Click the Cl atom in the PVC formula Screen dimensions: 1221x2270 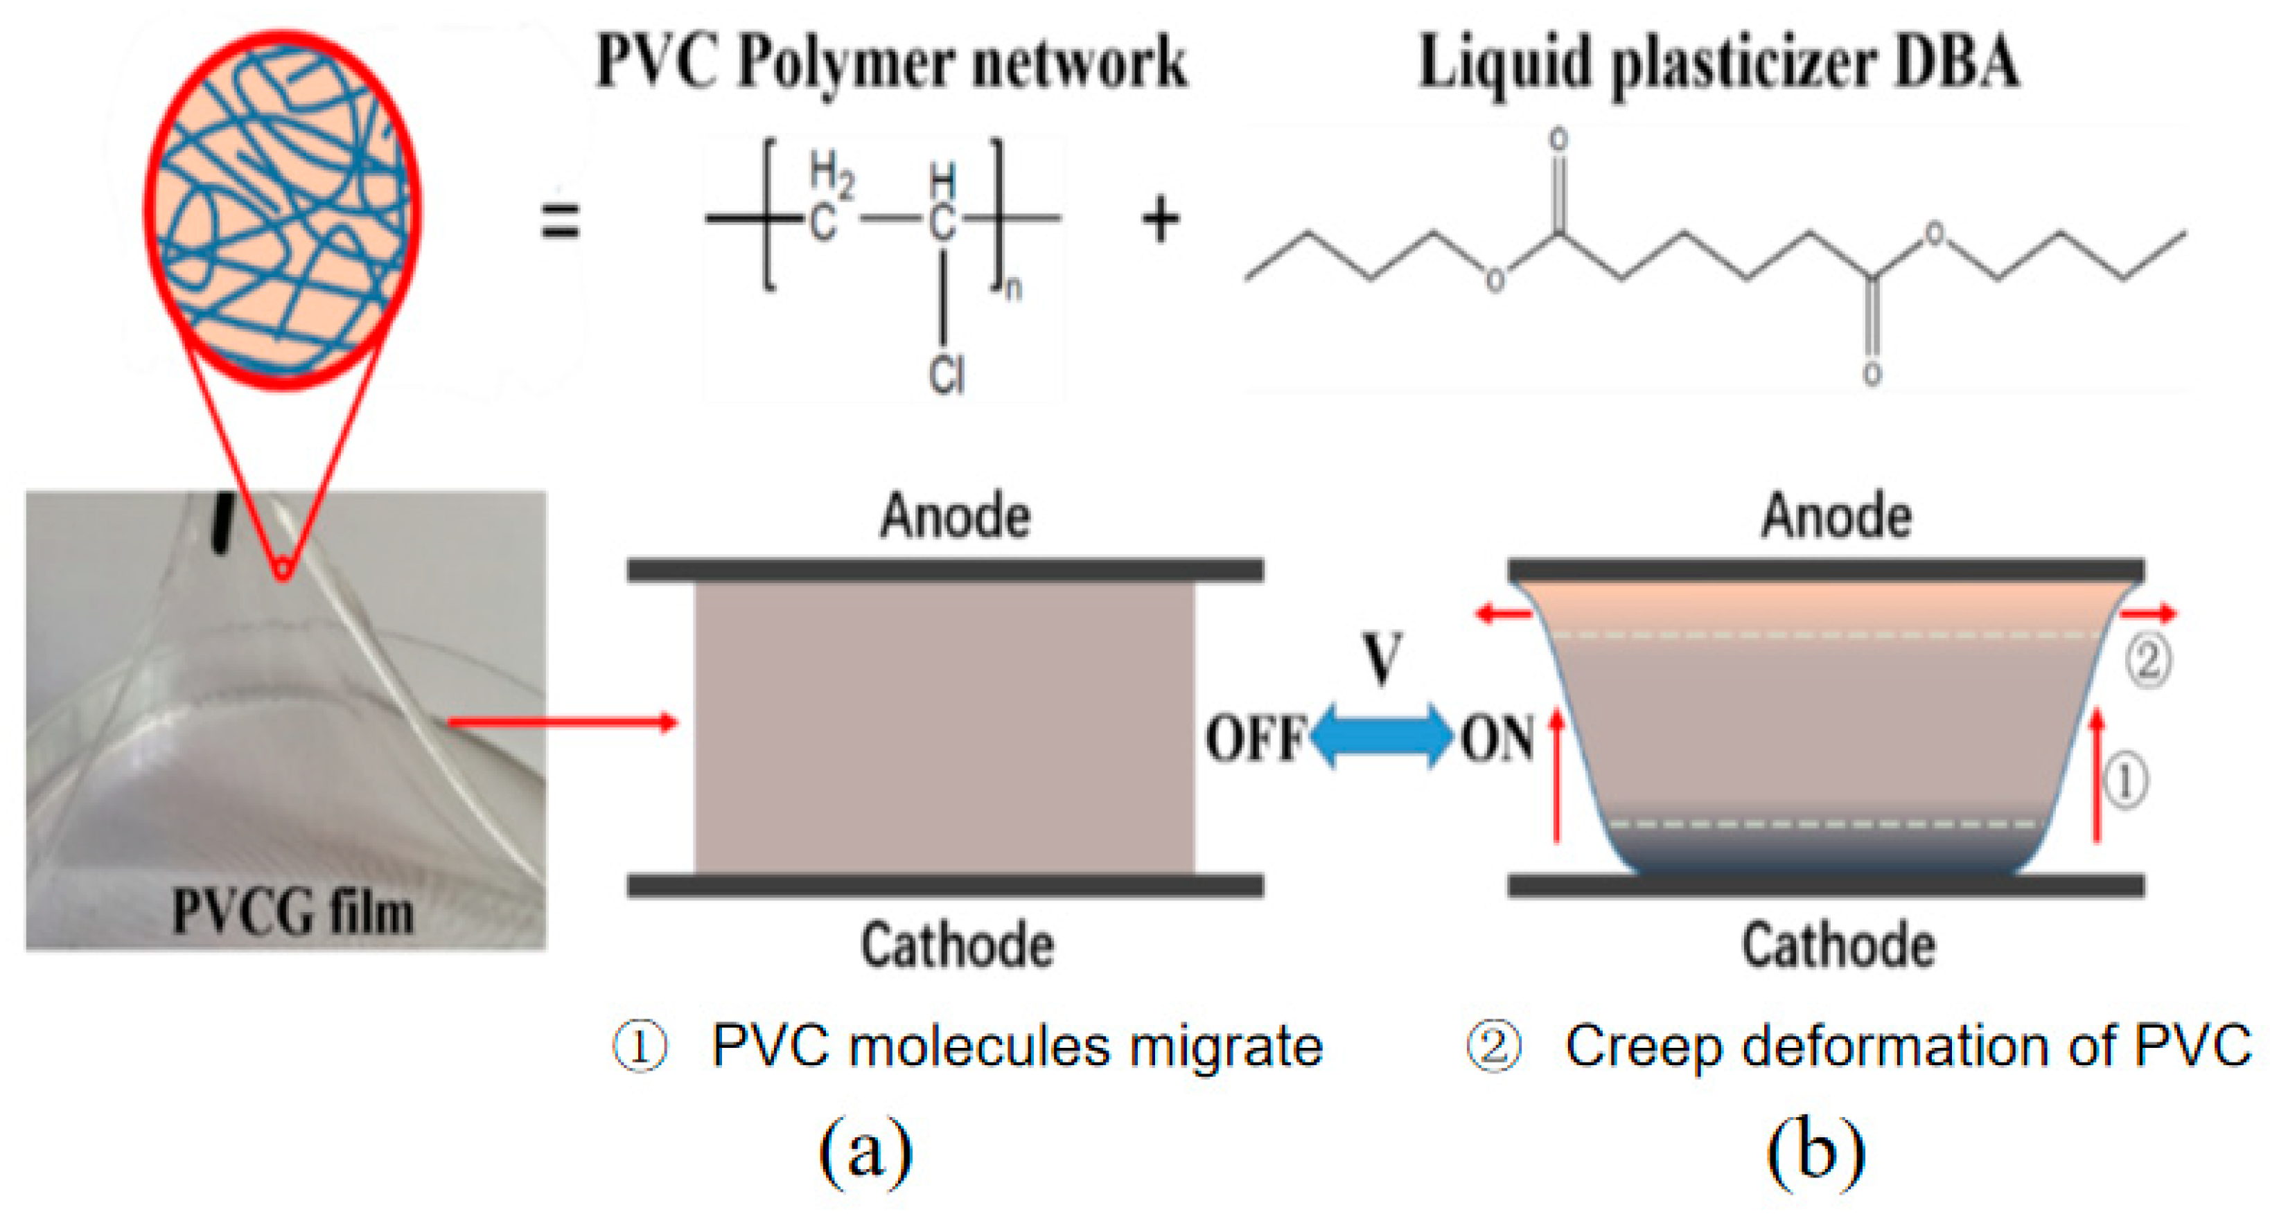(x=947, y=376)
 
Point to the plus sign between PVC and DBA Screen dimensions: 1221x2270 (x=1161, y=220)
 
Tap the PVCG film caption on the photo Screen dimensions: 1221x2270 (x=292, y=912)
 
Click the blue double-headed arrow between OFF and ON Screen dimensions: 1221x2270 (x=1381, y=736)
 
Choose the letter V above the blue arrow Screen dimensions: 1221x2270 (x=1381, y=658)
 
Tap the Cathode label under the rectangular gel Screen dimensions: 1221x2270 (x=957, y=945)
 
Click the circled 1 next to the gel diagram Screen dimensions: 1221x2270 (x=2124, y=781)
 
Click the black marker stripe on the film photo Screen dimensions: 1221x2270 (x=223, y=524)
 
